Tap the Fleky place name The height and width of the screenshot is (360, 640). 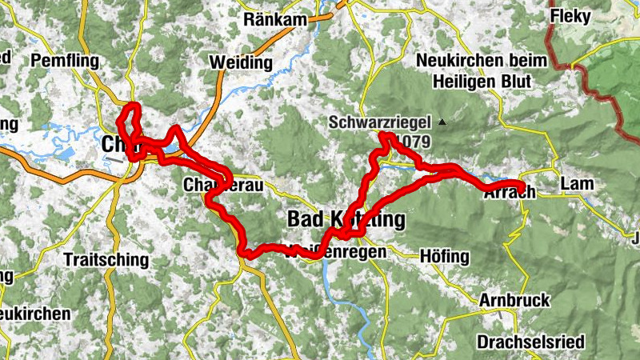coord(569,15)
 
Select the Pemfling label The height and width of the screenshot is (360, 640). coord(65,61)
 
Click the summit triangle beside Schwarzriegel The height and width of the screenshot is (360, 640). coord(441,122)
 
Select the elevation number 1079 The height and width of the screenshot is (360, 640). coord(415,142)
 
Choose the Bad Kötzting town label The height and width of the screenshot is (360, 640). coord(346,219)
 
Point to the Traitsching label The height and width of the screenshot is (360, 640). coord(106,260)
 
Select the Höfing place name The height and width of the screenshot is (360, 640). coord(444,257)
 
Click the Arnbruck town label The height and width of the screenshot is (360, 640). coord(514,301)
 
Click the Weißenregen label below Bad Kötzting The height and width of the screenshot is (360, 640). coord(336,251)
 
